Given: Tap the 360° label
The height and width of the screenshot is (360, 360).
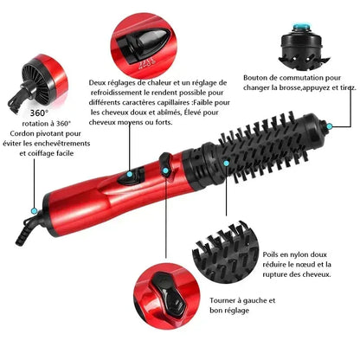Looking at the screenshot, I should tap(38, 112).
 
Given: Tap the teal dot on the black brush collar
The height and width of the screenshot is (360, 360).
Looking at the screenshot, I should tap(226, 160).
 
